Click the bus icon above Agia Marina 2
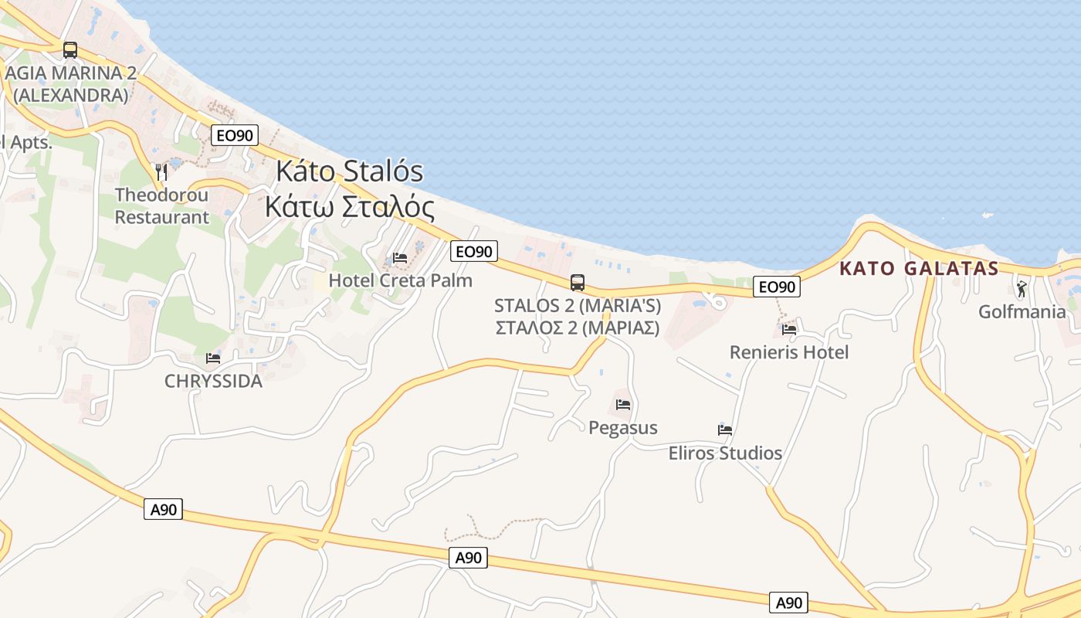click(70, 50)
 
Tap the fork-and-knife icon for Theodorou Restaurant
click(161, 171)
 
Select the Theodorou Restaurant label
click(162, 206)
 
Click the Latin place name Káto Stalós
click(350, 171)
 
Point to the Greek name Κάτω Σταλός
click(349, 207)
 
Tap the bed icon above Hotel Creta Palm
click(400, 257)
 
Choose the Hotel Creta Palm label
click(400, 280)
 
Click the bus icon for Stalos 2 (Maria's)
click(578, 283)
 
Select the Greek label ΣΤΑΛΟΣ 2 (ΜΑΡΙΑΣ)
click(578, 328)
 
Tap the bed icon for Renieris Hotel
click(789, 329)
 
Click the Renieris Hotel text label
click(789, 352)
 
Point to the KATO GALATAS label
click(919, 269)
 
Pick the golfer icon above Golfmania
click(1022, 289)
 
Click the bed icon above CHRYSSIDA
click(213, 358)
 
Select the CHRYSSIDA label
click(213, 382)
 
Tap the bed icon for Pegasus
click(623, 404)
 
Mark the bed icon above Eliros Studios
click(725, 430)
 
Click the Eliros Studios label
click(725, 453)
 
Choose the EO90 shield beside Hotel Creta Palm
click(474, 251)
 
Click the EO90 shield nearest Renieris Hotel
click(777, 287)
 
